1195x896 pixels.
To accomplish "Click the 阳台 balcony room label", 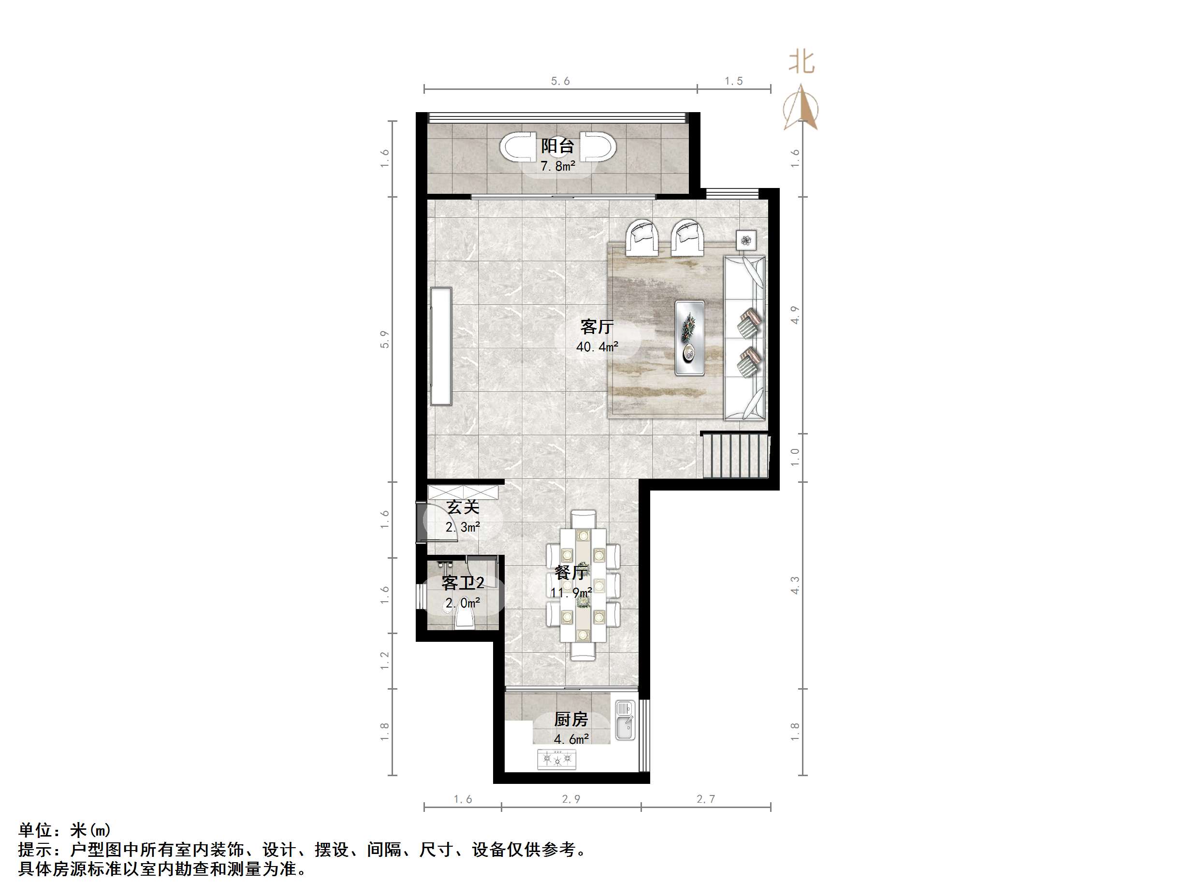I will pyautogui.click(x=557, y=146).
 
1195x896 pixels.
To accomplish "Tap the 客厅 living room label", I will pyautogui.click(x=597, y=326).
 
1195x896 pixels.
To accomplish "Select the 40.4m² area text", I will pyautogui.click(x=597, y=347).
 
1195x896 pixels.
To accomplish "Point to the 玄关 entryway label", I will pyautogui.click(x=463, y=507).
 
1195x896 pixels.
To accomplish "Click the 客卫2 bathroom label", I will pyautogui.click(x=463, y=583).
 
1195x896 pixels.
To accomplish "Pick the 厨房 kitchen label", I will pyautogui.click(x=571, y=720).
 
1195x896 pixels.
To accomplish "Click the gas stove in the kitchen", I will pyautogui.click(x=556, y=759).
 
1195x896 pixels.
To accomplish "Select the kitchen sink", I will pyautogui.click(x=625, y=721).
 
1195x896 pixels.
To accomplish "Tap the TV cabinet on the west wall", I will pyautogui.click(x=440, y=346).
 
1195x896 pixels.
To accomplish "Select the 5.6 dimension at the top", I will pyautogui.click(x=560, y=81).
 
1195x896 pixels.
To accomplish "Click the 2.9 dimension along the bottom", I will pyautogui.click(x=571, y=799).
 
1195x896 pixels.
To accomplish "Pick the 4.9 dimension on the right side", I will pyautogui.click(x=795, y=315).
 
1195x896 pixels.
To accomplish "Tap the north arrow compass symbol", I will pyautogui.click(x=801, y=108).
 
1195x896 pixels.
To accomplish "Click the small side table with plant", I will pyautogui.click(x=746, y=239).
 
